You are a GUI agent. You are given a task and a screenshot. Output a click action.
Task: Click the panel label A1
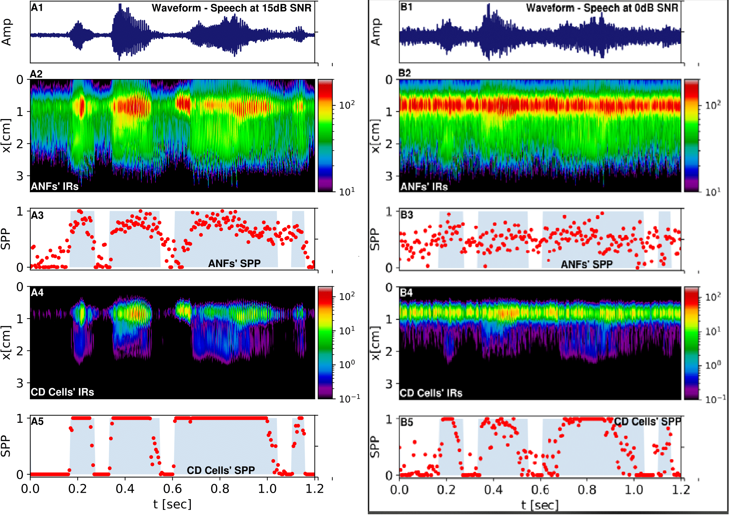point(37,7)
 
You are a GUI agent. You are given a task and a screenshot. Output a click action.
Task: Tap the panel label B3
point(407,215)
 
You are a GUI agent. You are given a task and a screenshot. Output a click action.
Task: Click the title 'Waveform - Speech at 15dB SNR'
point(232,8)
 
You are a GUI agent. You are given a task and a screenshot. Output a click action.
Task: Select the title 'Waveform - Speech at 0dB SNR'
point(602,8)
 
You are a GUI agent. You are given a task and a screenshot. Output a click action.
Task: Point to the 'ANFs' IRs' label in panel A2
point(55,186)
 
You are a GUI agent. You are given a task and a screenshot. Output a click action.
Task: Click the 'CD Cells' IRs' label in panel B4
point(431,393)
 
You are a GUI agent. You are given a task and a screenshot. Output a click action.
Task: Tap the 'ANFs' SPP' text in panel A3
point(234,263)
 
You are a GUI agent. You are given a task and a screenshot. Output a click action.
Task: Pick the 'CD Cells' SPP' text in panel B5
point(647,421)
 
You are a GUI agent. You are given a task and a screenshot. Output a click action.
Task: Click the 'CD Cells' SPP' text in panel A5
point(221,470)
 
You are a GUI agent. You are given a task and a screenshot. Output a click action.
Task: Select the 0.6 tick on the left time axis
point(173,489)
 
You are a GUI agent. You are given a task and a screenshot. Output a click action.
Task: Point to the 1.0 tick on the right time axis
point(634,490)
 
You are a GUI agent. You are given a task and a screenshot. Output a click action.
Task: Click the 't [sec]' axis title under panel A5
point(172,504)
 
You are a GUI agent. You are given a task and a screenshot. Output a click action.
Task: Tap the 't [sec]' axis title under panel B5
point(540,505)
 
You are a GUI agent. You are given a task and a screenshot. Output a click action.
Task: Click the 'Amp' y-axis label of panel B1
point(376,32)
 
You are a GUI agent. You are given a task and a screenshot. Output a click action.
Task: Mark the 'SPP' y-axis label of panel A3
point(6,239)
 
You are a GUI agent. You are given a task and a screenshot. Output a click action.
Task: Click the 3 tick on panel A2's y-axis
point(20,176)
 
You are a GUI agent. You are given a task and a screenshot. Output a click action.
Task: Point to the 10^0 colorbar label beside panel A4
point(347,364)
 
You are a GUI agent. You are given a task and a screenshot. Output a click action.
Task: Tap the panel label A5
point(37,421)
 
